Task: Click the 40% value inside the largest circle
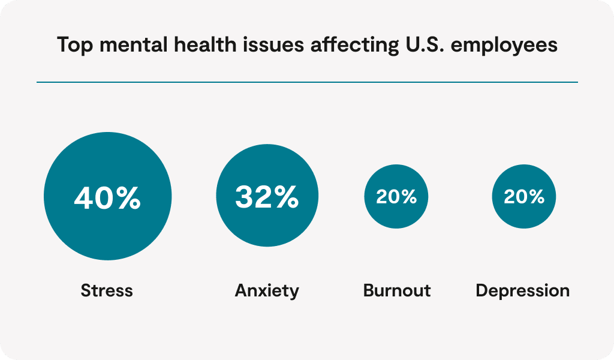pos(107,197)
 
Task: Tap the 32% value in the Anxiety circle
pos(267,197)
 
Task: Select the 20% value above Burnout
pos(396,197)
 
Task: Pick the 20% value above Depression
pos(524,197)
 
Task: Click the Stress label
pos(107,291)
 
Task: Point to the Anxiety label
pos(267,291)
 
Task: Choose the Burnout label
pos(397,291)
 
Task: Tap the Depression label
pos(523,292)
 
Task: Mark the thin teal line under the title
pos(307,82)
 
